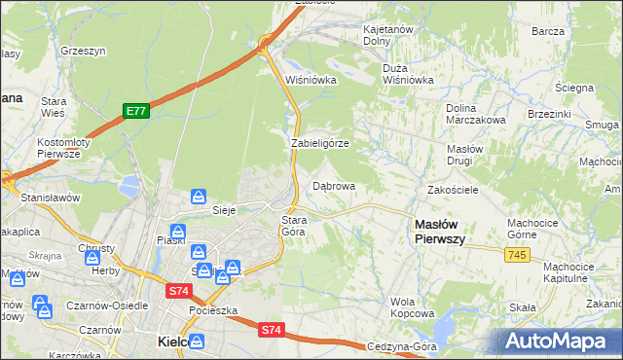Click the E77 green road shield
(x=136, y=112)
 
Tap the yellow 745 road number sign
(x=518, y=254)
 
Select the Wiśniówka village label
(x=311, y=81)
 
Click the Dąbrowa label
(x=333, y=185)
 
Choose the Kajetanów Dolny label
(x=390, y=36)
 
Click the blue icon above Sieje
(x=199, y=196)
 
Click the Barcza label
(x=549, y=31)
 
